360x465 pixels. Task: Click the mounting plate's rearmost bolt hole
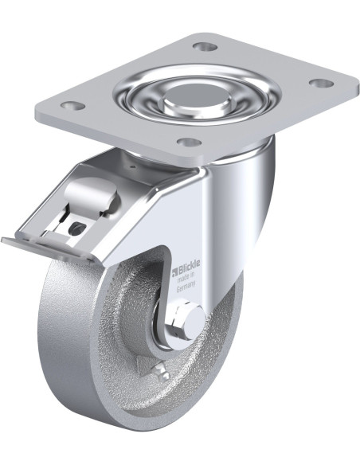point(205,46)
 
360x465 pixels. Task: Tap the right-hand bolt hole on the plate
point(322,83)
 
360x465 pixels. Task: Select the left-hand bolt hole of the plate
point(73,105)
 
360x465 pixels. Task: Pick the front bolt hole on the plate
point(190,142)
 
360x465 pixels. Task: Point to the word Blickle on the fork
point(189,264)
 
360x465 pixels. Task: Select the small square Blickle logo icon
point(175,270)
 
